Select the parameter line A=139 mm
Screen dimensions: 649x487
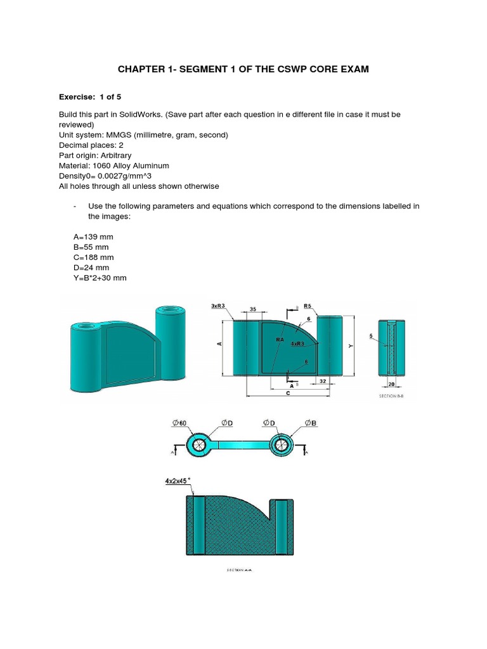93,237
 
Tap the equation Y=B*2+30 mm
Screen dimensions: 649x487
100,278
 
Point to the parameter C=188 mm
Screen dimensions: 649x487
93,257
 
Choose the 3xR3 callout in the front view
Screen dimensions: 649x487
219,305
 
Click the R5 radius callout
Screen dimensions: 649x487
308,305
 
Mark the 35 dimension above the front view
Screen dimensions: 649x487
252,310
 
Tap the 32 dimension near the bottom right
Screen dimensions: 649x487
323,381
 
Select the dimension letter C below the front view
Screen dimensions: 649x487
289,393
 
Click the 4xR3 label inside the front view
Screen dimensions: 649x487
297,344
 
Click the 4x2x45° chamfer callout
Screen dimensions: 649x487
177,482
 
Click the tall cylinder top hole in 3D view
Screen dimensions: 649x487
167,311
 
